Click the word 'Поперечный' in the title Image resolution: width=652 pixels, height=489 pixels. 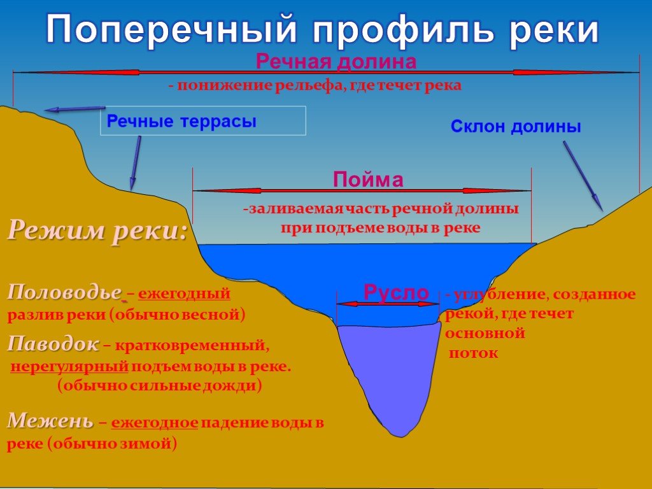(x=171, y=29)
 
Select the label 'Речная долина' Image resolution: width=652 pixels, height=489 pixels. (x=336, y=62)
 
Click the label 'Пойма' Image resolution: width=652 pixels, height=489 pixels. (x=368, y=180)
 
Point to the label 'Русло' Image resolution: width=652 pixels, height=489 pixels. (x=396, y=292)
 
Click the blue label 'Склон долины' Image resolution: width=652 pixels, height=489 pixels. (x=516, y=127)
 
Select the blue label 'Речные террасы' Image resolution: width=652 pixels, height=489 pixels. (x=181, y=122)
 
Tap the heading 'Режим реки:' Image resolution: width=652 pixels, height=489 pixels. (x=97, y=230)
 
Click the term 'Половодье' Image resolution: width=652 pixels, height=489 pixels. (x=64, y=292)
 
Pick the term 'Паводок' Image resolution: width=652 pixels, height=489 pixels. (x=53, y=344)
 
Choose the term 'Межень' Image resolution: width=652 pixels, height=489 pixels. (x=50, y=421)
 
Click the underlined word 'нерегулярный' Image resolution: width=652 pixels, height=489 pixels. (x=69, y=367)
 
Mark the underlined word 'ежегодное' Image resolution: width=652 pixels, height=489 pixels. (x=155, y=423)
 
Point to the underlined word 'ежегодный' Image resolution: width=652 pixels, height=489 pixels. (x=184, y=294)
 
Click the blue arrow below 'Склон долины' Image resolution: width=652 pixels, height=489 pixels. (x=583, y=176)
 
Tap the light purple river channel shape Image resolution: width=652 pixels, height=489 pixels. (x=389, y=374)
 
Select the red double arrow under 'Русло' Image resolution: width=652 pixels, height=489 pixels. (x=388, y=304)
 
